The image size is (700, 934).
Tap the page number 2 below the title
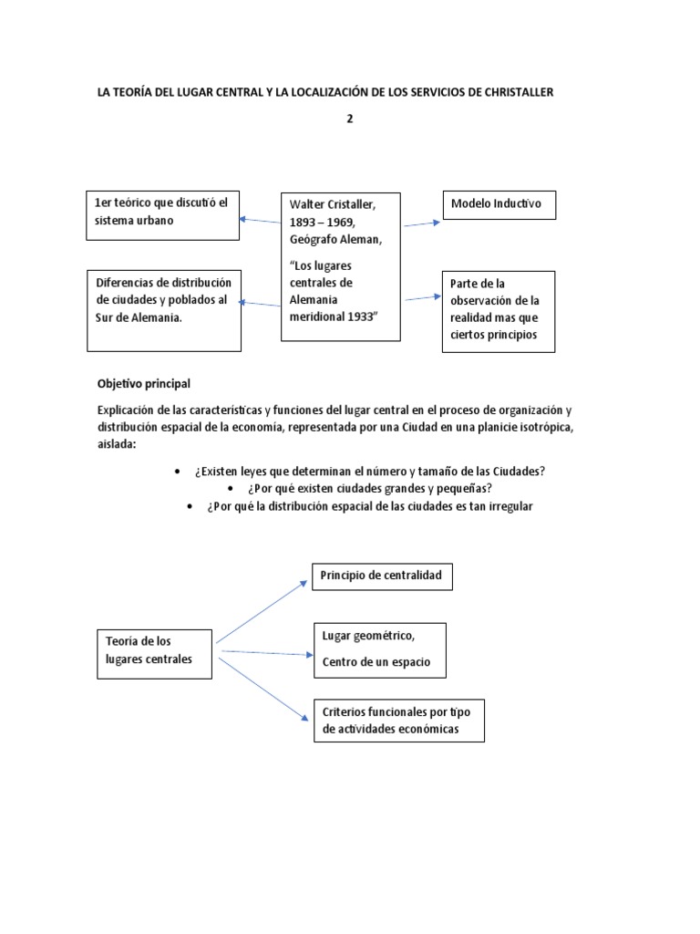click(x=349, y=119)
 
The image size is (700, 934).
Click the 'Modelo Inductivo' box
click(x=499, y=204)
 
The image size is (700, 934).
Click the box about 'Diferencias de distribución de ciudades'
click(x=164, y=309)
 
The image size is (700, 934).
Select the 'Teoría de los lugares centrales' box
click(x=154, y=651)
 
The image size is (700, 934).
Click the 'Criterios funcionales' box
click(x=397, y=720)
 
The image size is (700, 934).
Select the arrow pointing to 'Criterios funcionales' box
click(x=261, y=688)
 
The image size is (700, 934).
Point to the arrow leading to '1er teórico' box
click(x=260, y=221)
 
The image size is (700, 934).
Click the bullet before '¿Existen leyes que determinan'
click(x=176, y=471)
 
